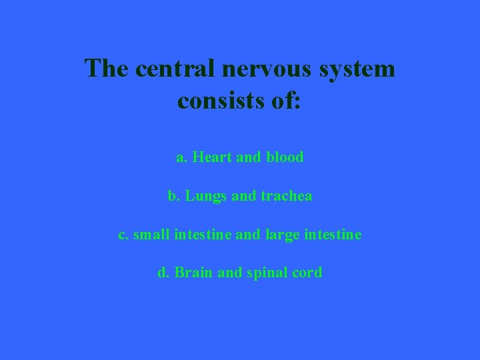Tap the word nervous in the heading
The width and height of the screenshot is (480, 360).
(x=261, y=68)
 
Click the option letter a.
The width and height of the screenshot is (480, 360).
(x=181, y=157)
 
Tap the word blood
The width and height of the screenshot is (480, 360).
(x=285, y=157)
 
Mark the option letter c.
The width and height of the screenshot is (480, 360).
(x=123, y=235)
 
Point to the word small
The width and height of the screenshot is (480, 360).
(x=151, y=234)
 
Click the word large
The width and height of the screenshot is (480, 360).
(x=283, y=235)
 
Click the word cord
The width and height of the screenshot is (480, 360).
(x=308, y=273)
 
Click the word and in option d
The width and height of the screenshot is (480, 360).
(x=230, y=273)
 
